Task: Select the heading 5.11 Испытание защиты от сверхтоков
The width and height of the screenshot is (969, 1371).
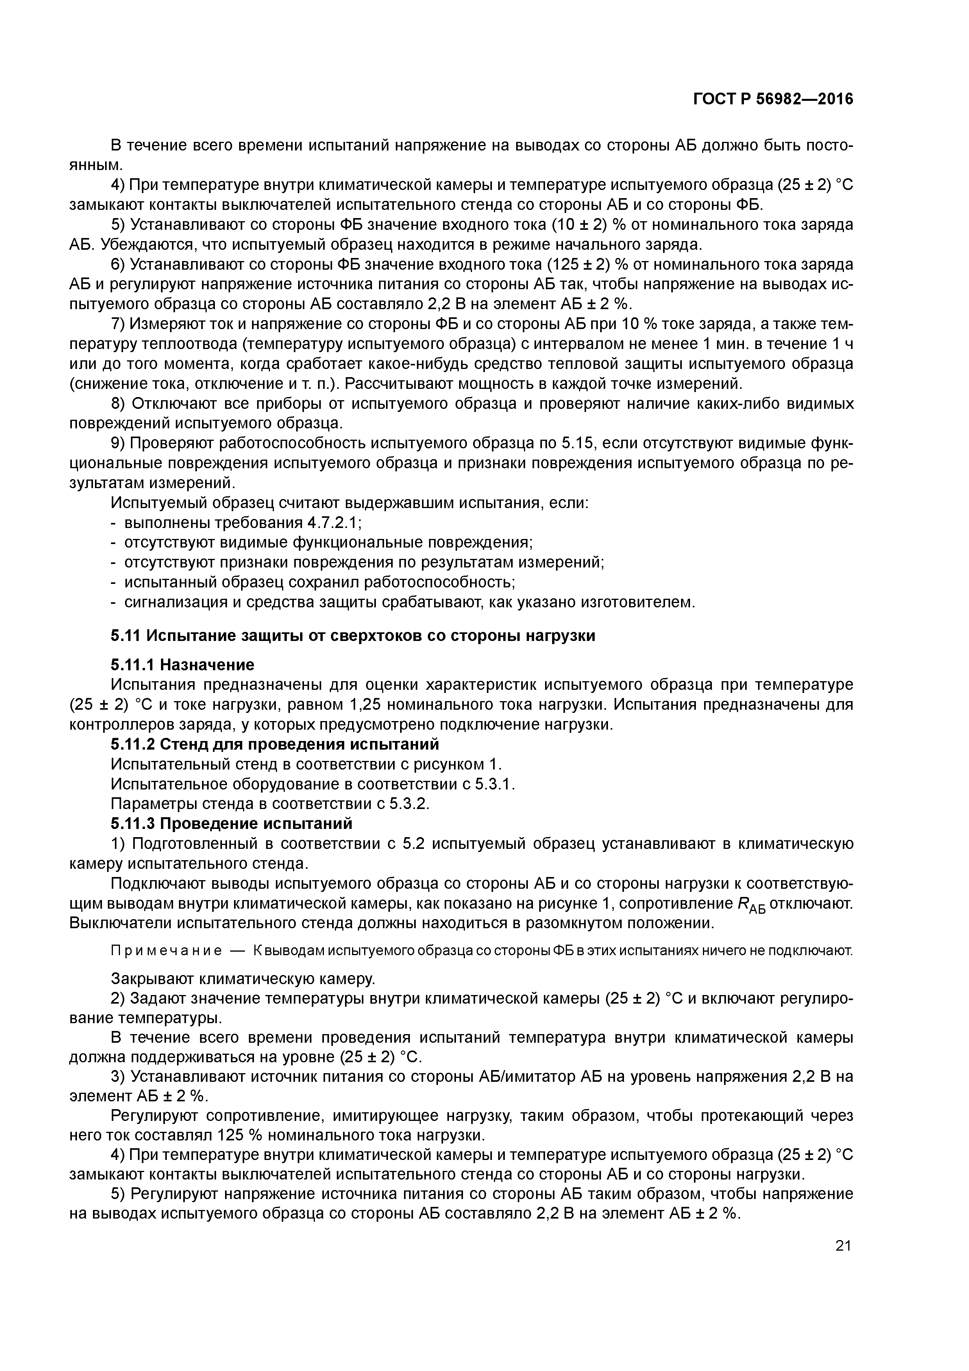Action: (353, 635)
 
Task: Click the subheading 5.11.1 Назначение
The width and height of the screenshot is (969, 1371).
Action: (182, 665)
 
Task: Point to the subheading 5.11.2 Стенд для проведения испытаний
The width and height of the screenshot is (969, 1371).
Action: (275, 744)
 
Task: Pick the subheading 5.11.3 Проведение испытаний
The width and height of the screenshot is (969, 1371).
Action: (232, 823)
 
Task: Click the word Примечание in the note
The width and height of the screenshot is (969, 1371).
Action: (166, 950)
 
